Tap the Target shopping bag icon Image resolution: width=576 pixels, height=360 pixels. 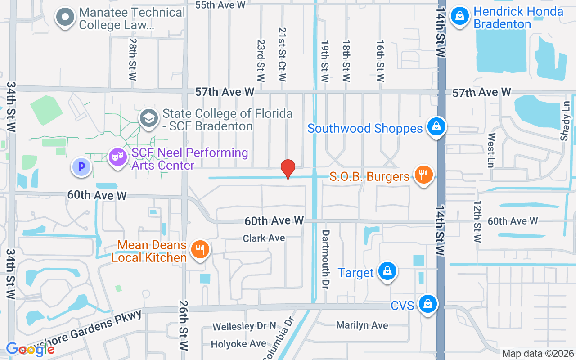[387, 271]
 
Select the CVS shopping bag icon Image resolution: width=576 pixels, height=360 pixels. [427, 304]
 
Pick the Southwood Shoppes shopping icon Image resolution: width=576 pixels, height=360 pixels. [436, 127]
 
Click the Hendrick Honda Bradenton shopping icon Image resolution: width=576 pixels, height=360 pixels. [460, 16]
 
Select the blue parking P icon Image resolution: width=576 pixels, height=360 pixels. [81, 167]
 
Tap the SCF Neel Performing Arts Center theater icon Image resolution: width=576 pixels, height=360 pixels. [117, 157]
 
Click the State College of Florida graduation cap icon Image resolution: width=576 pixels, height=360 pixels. [148, 118]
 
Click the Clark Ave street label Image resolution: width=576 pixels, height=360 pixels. [264, 238]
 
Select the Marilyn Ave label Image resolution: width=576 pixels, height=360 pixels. [362, 325]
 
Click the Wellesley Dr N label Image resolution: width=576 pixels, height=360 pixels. [244, 326]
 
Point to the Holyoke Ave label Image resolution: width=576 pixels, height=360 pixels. [239, 344]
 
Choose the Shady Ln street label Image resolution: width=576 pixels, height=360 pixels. [565, 121]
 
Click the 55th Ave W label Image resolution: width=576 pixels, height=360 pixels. [221, 5]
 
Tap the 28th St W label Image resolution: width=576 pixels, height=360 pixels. [132, 59]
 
